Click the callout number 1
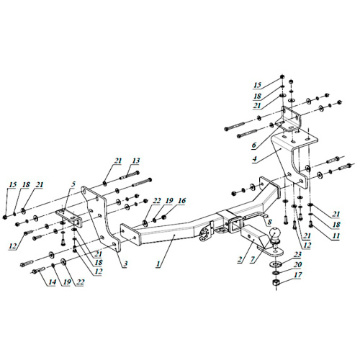[158, 264]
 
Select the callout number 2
[240, 259]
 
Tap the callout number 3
[125, 264]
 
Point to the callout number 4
[254, 158]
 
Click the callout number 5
[73, 184]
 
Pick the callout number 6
[254, 145]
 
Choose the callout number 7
[252, 259]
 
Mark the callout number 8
[269, 222]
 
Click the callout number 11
[336, 235]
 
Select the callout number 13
[135, 161]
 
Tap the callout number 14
[52, 282]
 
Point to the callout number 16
[182, 200]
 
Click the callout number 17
[297, 275]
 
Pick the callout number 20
[297, 264]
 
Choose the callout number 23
[297, 254]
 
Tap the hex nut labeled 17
[276, 282]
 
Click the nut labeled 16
[164, 217]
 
